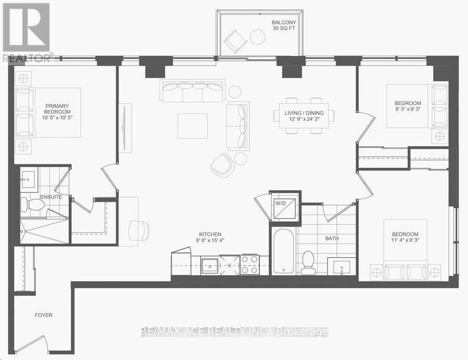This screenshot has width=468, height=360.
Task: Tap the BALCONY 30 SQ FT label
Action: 284,25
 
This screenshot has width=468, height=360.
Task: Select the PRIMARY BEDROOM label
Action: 57,109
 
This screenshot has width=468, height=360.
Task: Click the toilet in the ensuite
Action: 32,205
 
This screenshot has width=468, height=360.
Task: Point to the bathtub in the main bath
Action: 283,251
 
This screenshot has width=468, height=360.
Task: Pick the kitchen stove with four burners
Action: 250,264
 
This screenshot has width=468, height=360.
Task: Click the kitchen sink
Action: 211,265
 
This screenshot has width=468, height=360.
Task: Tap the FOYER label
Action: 44,315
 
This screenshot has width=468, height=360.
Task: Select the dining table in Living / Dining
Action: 304,116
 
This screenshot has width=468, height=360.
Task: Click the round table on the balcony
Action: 257,37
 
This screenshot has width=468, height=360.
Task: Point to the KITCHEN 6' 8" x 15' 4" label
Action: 211,237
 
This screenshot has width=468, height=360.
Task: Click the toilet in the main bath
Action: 307,262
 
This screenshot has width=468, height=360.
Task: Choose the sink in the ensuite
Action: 29,180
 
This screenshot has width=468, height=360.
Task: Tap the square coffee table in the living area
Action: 192,126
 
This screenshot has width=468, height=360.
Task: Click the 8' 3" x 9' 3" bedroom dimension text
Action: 407,109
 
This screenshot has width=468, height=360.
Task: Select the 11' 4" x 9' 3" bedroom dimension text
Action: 405,240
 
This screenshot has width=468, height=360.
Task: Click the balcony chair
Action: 236,41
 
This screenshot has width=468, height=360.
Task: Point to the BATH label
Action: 332,238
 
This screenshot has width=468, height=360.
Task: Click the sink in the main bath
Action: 341,266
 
